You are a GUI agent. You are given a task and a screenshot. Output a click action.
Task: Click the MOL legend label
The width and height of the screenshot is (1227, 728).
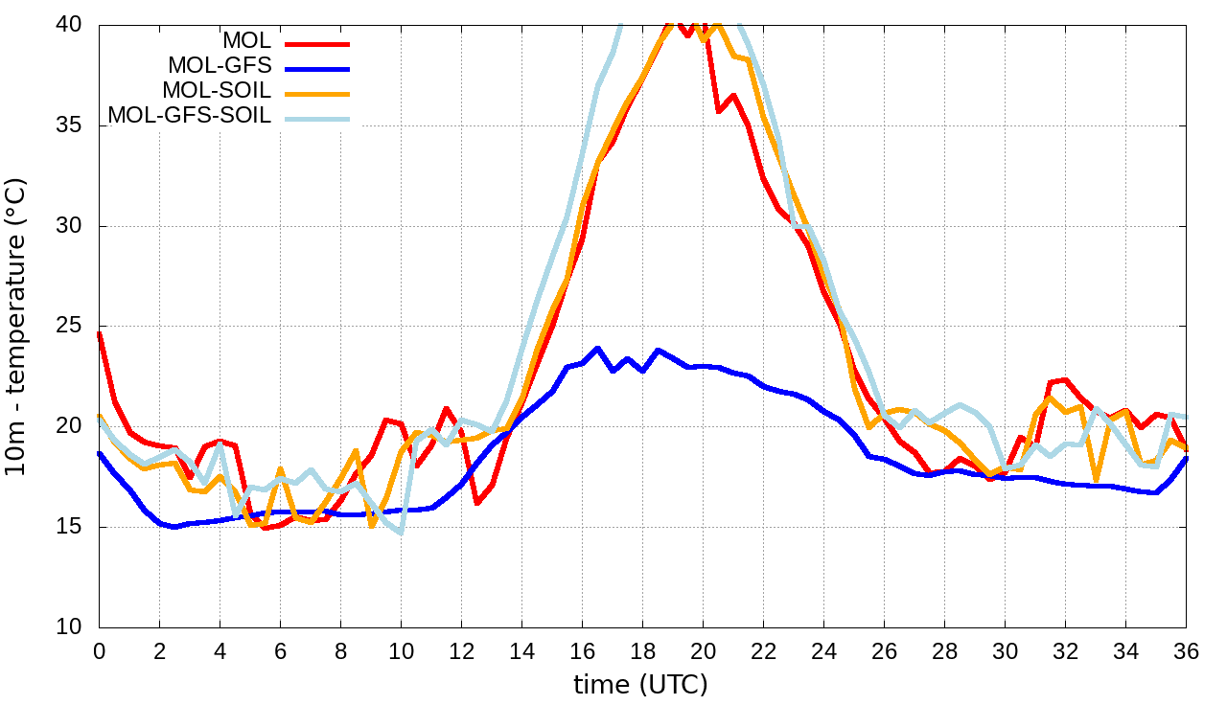(246, 41)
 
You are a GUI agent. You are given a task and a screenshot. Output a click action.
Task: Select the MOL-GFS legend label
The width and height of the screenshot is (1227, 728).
(220, 66)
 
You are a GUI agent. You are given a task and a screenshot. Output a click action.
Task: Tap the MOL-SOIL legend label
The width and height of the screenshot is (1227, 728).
(217, 91)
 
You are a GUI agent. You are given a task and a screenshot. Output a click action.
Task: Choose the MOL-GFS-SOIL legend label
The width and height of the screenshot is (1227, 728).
(190, 116)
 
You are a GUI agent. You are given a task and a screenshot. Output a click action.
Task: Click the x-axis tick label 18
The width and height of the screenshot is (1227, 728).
(642, 650)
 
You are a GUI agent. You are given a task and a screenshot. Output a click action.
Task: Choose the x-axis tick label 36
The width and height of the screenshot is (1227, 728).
(1187, 650)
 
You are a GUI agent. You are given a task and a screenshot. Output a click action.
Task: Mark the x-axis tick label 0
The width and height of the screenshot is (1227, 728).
(99, 650)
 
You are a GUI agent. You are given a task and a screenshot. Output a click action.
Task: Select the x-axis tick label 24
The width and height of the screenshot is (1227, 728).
(823, 650)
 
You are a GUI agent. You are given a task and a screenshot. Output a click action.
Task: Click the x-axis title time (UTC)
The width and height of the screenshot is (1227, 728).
(640, 685)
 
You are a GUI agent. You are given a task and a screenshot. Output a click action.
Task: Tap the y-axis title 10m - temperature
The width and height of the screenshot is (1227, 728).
(17, 326)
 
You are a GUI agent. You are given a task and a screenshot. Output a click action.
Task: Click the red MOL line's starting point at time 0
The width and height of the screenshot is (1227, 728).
(100, 334)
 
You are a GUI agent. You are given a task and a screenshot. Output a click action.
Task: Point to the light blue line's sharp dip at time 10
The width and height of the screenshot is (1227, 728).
(401, 532)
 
